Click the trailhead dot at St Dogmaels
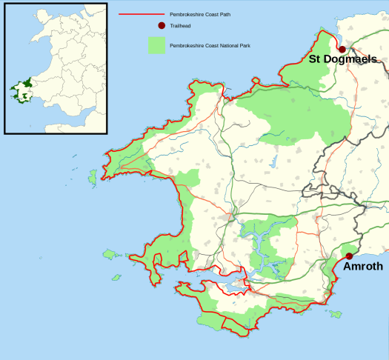(342, 50)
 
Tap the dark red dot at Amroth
(349, 256)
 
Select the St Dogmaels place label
(342, 59)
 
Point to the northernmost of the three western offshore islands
(93, 178)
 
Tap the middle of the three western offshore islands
(112, 255)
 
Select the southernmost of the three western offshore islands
(116, 278)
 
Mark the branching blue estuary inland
(256, 244)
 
